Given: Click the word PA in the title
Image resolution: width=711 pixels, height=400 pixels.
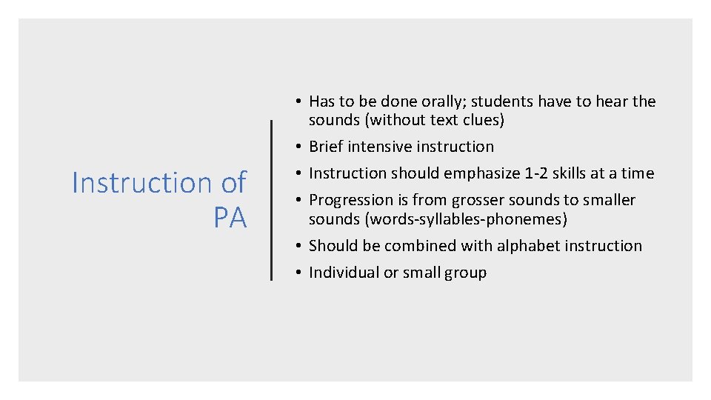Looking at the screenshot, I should point(230,218).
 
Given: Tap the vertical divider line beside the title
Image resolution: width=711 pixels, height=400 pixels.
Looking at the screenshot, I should point(272,200).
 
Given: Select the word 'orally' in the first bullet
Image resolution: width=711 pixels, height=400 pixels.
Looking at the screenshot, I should point(442,101).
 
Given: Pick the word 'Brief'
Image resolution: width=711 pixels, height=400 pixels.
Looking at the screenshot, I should point(326,147).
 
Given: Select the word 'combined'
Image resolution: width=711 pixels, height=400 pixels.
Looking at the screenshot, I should point(412,246).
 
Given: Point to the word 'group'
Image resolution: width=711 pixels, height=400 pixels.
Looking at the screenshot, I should point(465,273).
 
